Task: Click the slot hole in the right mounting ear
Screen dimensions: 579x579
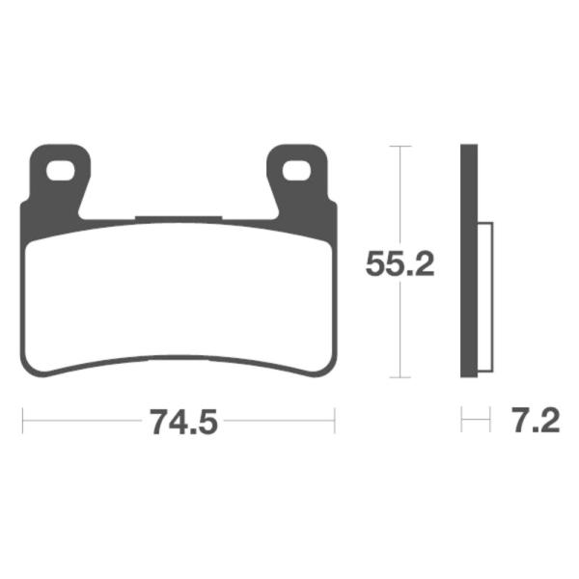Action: tap(298, 171)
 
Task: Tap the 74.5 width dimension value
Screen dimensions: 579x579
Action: tap(178, 422)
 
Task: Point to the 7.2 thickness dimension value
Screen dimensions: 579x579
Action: tap(530, 422)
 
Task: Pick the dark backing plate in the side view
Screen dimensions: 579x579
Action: tap(469, 261)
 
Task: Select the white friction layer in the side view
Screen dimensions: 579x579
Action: tap(485, 299)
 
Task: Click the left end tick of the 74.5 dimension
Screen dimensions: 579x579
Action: tap(22, 421)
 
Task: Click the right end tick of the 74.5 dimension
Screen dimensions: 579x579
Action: tap(334, 421)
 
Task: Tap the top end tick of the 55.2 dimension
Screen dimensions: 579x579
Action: tap(400, 147)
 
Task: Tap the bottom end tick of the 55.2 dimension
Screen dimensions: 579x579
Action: tap(400, 377)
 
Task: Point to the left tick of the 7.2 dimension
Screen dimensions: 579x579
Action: tap(462, 421)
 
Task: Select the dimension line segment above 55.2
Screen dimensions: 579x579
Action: tap(400, 193)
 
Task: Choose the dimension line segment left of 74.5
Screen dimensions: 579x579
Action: tap(82, 421)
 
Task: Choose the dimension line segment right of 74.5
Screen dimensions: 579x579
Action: tap(280, 421)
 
